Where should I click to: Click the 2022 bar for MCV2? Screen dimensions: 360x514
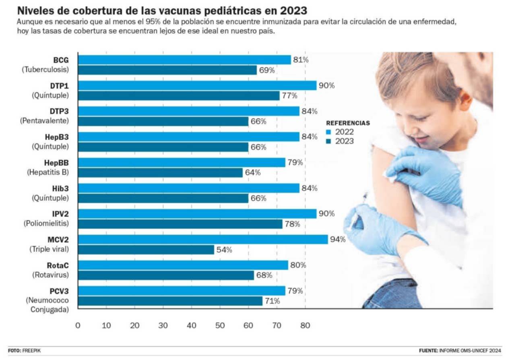[203, 240]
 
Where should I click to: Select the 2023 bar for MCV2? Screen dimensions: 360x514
[146, 250]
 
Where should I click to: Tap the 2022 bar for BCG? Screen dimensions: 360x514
[184, 60]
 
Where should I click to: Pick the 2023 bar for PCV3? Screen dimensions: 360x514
[170, 301]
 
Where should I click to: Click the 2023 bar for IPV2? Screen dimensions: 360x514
[180, 224]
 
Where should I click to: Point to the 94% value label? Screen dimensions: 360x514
[338, 240]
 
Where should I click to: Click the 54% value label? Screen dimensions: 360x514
[224, 250]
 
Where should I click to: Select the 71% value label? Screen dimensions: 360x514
[272, 301]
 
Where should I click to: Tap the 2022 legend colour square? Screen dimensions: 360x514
[328, 132]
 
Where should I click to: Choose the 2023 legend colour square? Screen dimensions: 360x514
[328, 141]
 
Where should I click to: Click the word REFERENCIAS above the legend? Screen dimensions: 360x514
[348, 123]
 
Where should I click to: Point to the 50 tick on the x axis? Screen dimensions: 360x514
[220, 325]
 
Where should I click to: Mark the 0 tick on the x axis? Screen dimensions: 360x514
[78, 325]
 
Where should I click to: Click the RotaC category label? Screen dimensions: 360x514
[58, 265]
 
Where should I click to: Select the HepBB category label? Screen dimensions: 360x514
[57, 163]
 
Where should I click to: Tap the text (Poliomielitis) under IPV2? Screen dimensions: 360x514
[46, 223]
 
